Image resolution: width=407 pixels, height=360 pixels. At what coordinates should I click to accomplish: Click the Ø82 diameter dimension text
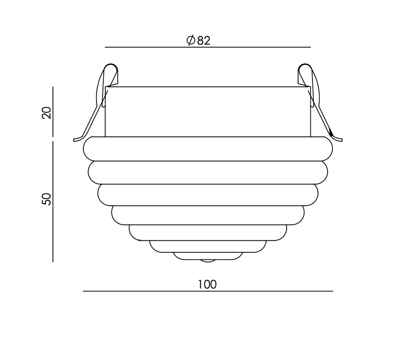[x=198, y=40]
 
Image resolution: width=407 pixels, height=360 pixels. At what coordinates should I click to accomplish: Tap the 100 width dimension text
[x=207, y=285]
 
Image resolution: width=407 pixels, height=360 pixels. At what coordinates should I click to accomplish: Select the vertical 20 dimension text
[x=47, y=113]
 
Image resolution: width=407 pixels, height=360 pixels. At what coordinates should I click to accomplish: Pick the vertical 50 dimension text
[x=47, y=199]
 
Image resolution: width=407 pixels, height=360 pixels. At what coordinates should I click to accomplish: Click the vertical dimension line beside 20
[x=53, y=111]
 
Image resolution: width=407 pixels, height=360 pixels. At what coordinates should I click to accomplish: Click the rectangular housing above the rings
[x=207, y=111]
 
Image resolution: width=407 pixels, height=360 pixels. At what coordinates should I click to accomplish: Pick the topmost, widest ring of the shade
[x=207, y=149]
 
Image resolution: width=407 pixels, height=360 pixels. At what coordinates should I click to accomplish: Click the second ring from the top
[x=207, y=172]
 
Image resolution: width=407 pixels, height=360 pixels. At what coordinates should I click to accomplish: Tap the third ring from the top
[x=207, y=195]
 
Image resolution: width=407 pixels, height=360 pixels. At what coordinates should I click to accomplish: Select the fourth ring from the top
[x=207, y=215]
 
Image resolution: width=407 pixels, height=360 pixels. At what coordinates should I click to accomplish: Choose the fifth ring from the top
[x=207, y=232]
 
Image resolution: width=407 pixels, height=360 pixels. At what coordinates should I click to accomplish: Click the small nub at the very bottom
[x=207, y=261]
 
